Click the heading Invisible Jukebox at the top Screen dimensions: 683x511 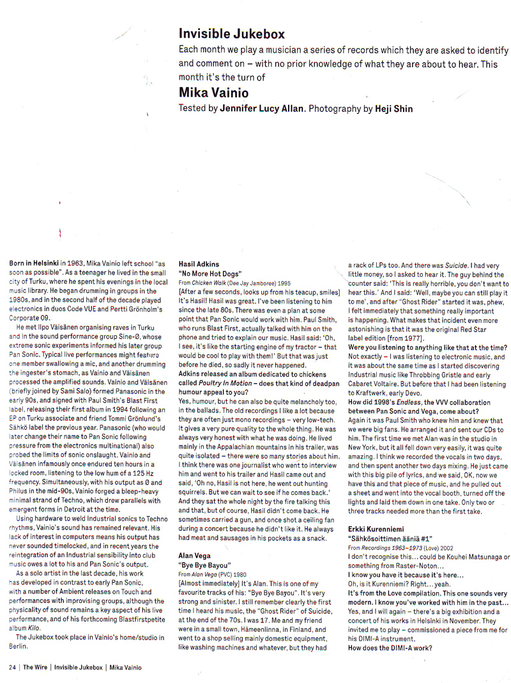[231, 34]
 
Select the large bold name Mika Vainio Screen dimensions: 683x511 [213, 93]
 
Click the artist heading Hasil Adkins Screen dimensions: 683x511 [199, 263]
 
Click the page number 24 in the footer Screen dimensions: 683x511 [11, 667]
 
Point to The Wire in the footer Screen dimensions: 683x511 [36, 667]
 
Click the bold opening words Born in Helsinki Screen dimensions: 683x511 [35, 263]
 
